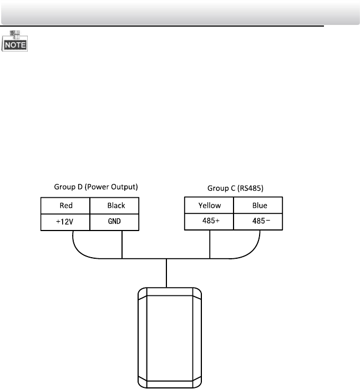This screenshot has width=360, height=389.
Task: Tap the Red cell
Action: pyautogui.click(x=66, y=206)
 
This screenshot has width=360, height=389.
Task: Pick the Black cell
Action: pyautogui.click(x=116, y=206)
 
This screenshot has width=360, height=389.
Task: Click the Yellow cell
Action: pyautogui.click(x=210, y=206)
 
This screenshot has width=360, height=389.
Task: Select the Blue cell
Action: pyautogui.click(x=259, y=206)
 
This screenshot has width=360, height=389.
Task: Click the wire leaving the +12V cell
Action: pyautogui.click(x=74, y=241)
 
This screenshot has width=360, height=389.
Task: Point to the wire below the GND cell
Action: pyautogui.click(x=122, y=244)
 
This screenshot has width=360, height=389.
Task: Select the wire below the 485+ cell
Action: pyautogui.click(x=210, y=244)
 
